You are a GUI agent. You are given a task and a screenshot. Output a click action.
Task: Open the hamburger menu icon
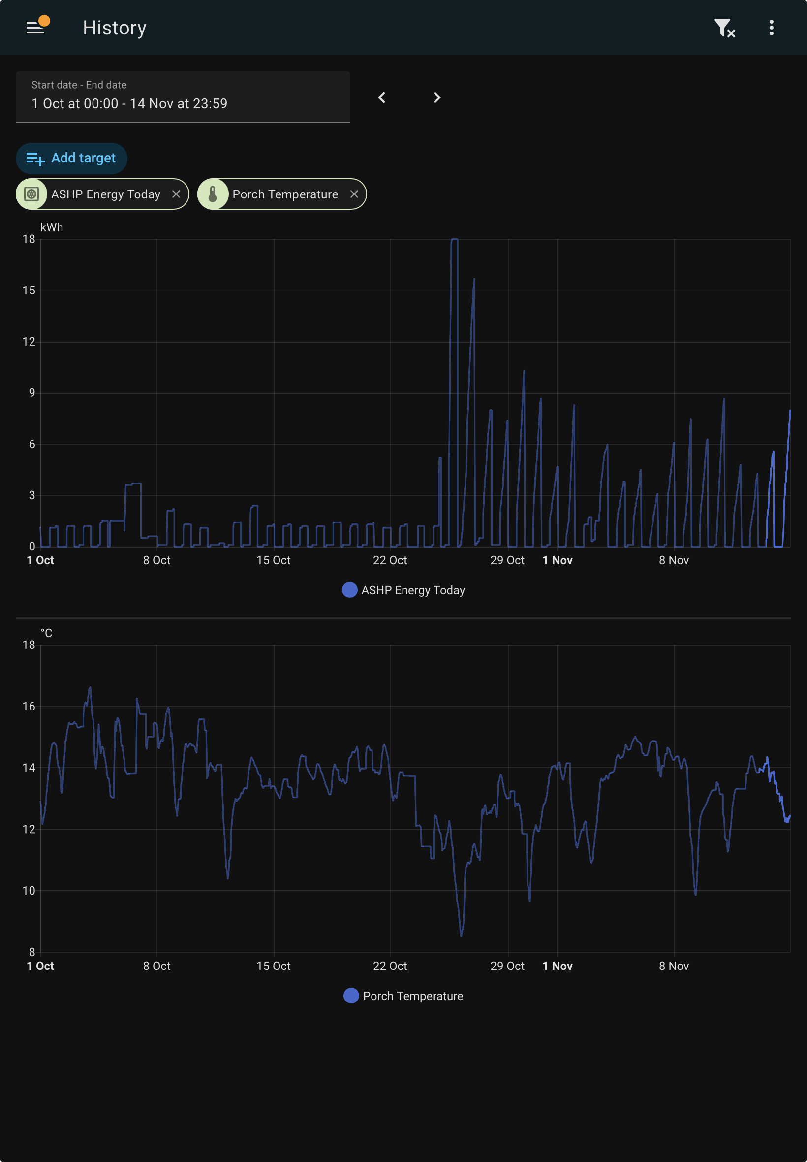[35, 28]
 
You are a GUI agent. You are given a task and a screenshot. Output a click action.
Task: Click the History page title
[115, 28]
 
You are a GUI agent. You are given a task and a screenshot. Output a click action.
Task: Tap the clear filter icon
[724, 28]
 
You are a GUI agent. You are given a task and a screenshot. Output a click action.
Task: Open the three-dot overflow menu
[771, 28]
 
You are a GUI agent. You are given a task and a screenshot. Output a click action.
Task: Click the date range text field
[183, 97]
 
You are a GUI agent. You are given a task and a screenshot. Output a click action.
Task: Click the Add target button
[71, 159]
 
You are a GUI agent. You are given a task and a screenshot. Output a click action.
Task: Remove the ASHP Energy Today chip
[176, 194]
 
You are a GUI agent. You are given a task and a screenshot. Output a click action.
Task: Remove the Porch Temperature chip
[354, 194]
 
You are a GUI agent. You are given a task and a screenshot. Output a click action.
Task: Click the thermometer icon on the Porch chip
[213, 194]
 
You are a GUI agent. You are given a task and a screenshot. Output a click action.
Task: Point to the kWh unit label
[52, 227]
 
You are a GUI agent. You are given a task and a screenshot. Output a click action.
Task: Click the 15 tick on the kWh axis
[29, 290]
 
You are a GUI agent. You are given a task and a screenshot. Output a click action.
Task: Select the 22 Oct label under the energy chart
[390, 560]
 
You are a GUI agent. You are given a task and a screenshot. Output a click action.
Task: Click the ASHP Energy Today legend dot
[350, 590]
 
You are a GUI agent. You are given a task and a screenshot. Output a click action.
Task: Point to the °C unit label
[47, 633]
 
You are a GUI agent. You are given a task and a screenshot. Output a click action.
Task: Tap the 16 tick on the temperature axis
[29, 706]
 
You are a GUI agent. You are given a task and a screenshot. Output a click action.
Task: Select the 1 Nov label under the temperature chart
[557, 966]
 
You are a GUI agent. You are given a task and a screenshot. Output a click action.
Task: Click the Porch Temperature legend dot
[351, 996]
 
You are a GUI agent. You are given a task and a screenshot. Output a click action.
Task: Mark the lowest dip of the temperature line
[461, 936]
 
